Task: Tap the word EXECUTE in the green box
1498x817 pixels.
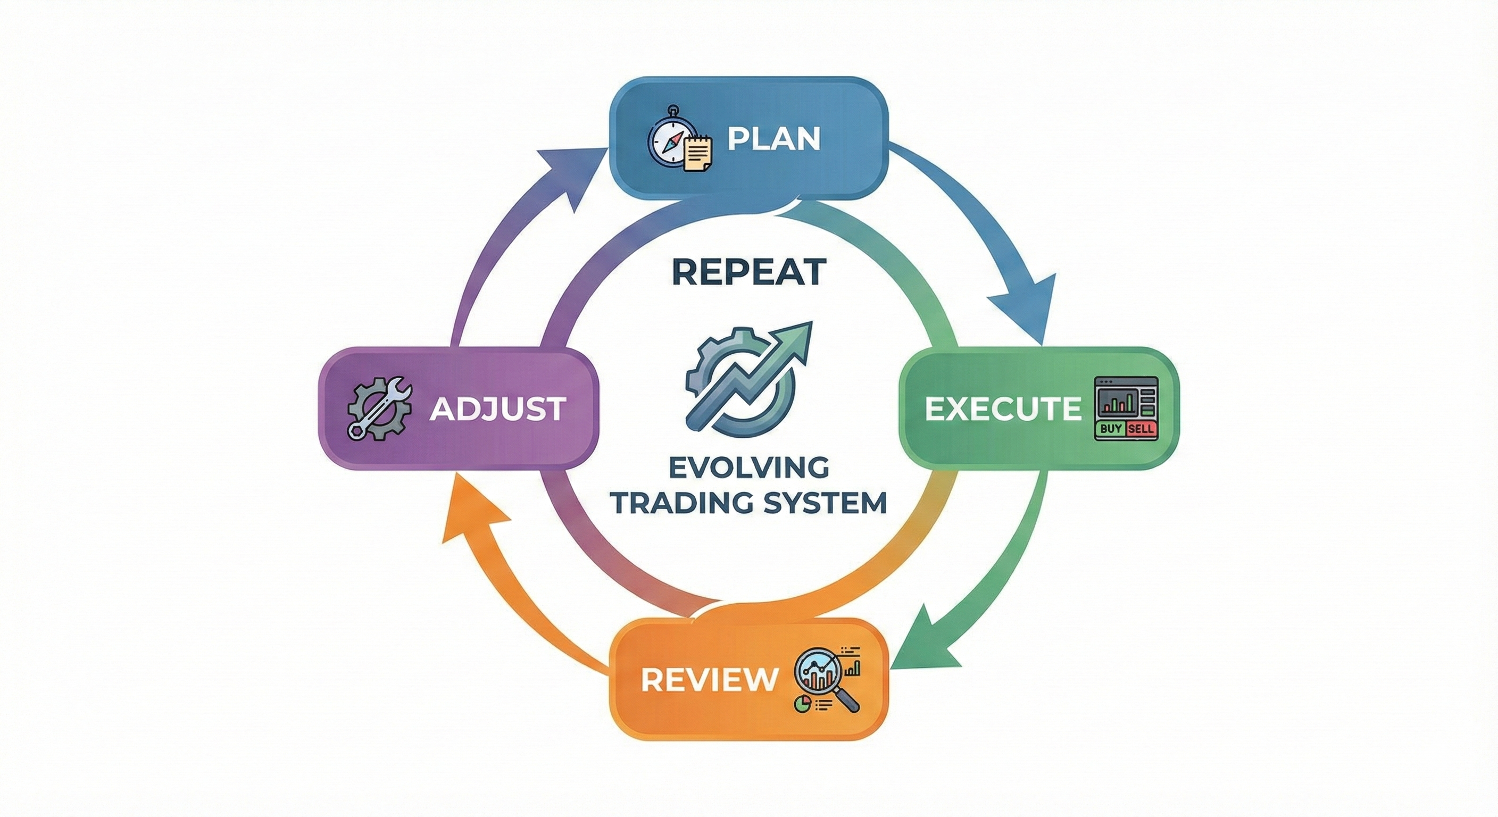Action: [1003, 409]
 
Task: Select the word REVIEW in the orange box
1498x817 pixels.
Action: [709, 679]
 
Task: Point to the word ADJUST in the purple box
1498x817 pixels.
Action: [498, 409]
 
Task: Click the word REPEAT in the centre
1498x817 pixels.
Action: [749, 272]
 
